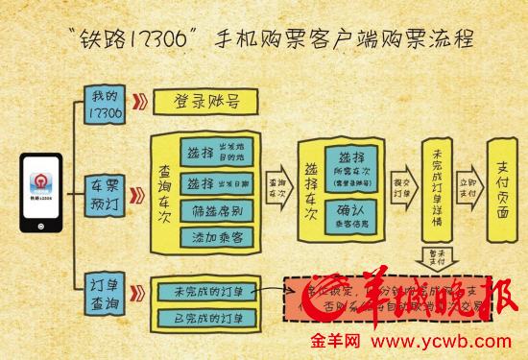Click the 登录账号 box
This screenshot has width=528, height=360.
[205, 100]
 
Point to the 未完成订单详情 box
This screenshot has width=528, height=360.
[436, 191]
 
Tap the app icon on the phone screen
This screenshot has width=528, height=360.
[40, 185]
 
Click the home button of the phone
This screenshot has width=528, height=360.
[40, 227]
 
